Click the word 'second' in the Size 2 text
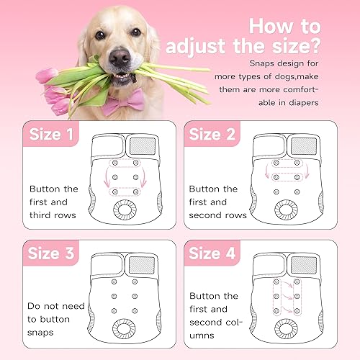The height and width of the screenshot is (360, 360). click(209, 215)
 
